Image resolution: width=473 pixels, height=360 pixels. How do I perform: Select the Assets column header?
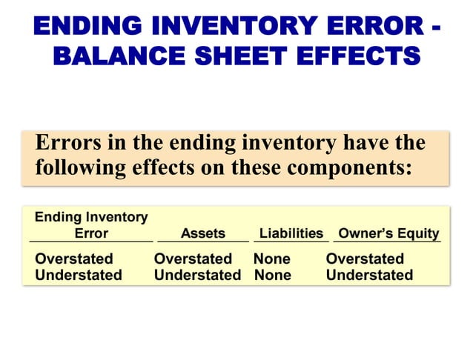click(202, 233)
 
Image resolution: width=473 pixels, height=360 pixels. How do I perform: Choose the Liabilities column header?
click(291, 233)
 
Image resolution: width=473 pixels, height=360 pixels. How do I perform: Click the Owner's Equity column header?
click(388, 233)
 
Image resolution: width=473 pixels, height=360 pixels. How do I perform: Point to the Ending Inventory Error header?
click(91, 225)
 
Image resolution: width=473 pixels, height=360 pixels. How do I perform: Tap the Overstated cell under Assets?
click(193, 259)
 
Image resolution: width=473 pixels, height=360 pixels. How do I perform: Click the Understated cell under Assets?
click(197, 275)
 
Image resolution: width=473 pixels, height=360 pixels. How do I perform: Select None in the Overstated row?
click(271, 259)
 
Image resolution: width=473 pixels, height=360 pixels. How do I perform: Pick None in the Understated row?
click(272, 275)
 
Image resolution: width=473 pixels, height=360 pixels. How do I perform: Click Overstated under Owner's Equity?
click(365, 259)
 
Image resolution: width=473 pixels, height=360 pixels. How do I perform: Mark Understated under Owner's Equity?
click(369, 275)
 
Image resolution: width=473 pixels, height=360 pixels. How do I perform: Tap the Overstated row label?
click(74, 259)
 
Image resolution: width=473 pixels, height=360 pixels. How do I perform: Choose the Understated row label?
click(79, 275)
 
